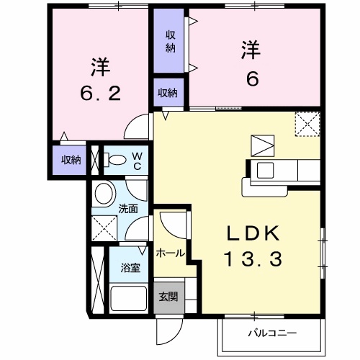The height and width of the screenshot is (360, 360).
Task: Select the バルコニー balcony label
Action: coord(273,333)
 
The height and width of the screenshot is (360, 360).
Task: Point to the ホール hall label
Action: coord(170,253)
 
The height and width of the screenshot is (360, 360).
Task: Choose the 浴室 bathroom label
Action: coord(130,268)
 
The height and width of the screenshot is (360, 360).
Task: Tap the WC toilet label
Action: coord(137,161)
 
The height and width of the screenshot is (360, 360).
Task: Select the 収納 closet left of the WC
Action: coord(71,160)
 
